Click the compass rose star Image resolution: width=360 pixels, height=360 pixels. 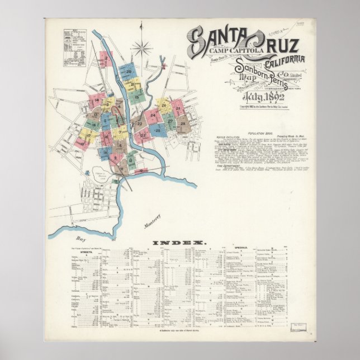(143, 47)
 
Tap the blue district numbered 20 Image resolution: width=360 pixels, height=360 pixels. (129, 72)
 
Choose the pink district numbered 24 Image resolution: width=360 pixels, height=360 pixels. (153, 116)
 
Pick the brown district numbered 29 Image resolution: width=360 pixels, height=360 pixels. (183, 124)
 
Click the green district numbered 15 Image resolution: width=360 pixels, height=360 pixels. (135, 96)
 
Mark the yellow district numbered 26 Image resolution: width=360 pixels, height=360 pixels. (163, 103)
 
